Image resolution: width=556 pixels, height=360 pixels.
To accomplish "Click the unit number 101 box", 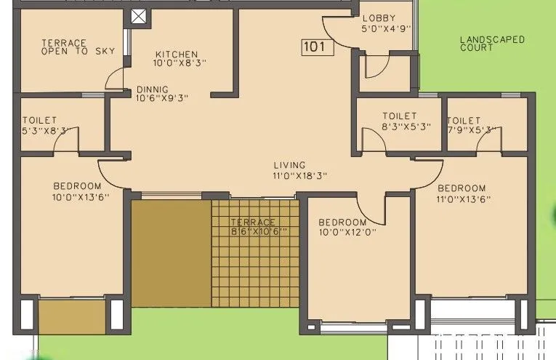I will (x=317, y=48).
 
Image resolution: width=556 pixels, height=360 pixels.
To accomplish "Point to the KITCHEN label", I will (x=176, y=54).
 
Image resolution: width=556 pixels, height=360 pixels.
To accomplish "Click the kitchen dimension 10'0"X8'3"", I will (x=180, y=63).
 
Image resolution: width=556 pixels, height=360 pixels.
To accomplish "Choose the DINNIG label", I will (x=153, y=90).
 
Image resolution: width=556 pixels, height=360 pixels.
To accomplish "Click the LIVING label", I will (x=290, y=165).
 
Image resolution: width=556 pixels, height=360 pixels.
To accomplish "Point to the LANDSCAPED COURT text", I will (x=492, y=44).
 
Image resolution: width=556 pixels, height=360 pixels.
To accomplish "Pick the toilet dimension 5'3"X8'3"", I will (x=47, y=130).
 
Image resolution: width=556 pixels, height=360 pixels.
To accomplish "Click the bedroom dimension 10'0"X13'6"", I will (x=80, y=196).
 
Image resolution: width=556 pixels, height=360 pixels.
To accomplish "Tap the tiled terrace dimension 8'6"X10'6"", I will (x=259, y=231).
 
